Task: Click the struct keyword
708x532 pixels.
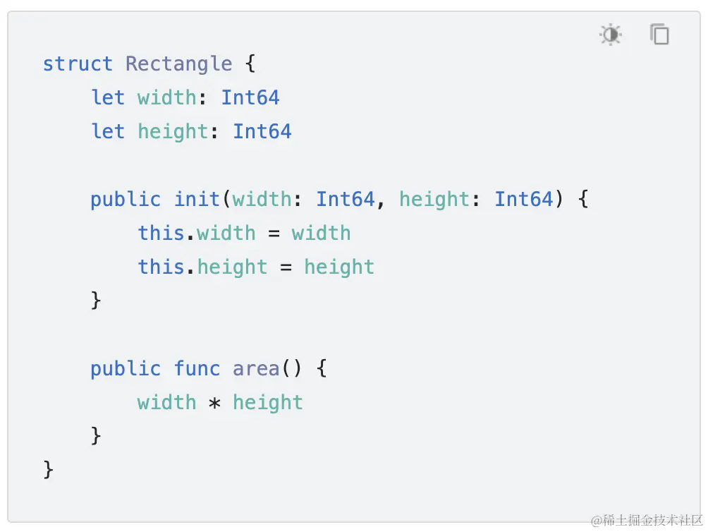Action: point(78,64)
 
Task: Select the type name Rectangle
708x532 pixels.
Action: point(178,64)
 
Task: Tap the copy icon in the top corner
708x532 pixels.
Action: point(659,35)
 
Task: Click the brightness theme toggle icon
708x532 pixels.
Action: point(610,35)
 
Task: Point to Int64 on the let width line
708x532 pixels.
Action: point(250,98)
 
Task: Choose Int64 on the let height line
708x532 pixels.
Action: point(262,132)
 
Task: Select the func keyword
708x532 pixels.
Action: point(197,369)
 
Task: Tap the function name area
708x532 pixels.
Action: point(256,369)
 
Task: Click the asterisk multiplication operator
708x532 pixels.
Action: point(215,404)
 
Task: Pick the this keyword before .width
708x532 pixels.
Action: point(161,234)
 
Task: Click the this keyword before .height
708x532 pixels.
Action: point(161,267)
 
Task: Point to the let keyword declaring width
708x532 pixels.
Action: point(107,98)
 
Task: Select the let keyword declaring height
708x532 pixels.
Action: point(107,132)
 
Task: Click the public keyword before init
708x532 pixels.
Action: point(126,200)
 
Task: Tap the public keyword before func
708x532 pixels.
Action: point(126,369)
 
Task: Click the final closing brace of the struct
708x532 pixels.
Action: point(48,470)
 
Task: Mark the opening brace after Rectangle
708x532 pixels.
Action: point(250,64)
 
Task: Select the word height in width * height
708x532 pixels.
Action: point(268,403)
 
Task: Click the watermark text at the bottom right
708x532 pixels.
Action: point(647,521)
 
